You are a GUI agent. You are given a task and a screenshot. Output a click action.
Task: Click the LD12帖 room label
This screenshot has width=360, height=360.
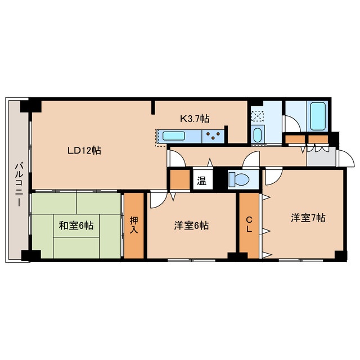(84, 151)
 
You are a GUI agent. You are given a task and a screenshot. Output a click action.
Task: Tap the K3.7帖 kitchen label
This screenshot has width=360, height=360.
(195, 119)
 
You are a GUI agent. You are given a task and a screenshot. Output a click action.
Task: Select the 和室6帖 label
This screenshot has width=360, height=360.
(76, 226)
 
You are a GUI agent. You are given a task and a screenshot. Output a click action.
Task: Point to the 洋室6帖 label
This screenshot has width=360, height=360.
(191, 226)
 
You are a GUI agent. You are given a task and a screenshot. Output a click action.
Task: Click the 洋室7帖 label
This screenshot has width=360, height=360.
(308, 218)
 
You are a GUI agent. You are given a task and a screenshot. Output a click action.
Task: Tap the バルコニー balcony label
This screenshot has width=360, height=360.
(19, 184)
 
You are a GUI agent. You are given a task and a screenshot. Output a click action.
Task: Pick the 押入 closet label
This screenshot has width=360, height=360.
(134, 225)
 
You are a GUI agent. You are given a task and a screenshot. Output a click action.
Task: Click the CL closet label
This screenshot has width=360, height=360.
(249, 224)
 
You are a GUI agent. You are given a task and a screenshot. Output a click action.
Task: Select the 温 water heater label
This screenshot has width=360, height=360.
(201, 181)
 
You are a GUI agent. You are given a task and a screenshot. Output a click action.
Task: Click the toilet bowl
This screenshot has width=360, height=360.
(238, 179)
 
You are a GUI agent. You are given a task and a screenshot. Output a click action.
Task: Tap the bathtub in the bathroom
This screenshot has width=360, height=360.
(317, 116)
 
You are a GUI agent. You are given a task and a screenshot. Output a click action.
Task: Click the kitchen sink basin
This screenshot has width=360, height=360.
(174, 136)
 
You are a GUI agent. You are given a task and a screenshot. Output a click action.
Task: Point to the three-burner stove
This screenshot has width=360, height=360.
(213, 136)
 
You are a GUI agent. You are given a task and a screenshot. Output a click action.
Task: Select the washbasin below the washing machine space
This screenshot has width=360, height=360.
(257, 135)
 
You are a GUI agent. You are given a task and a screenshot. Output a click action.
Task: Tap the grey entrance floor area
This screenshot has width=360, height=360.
(321, 156)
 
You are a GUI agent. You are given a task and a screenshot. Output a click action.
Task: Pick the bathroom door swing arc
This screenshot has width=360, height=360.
(291, 124)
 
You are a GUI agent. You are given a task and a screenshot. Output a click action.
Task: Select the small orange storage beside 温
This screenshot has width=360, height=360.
(180, 179)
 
